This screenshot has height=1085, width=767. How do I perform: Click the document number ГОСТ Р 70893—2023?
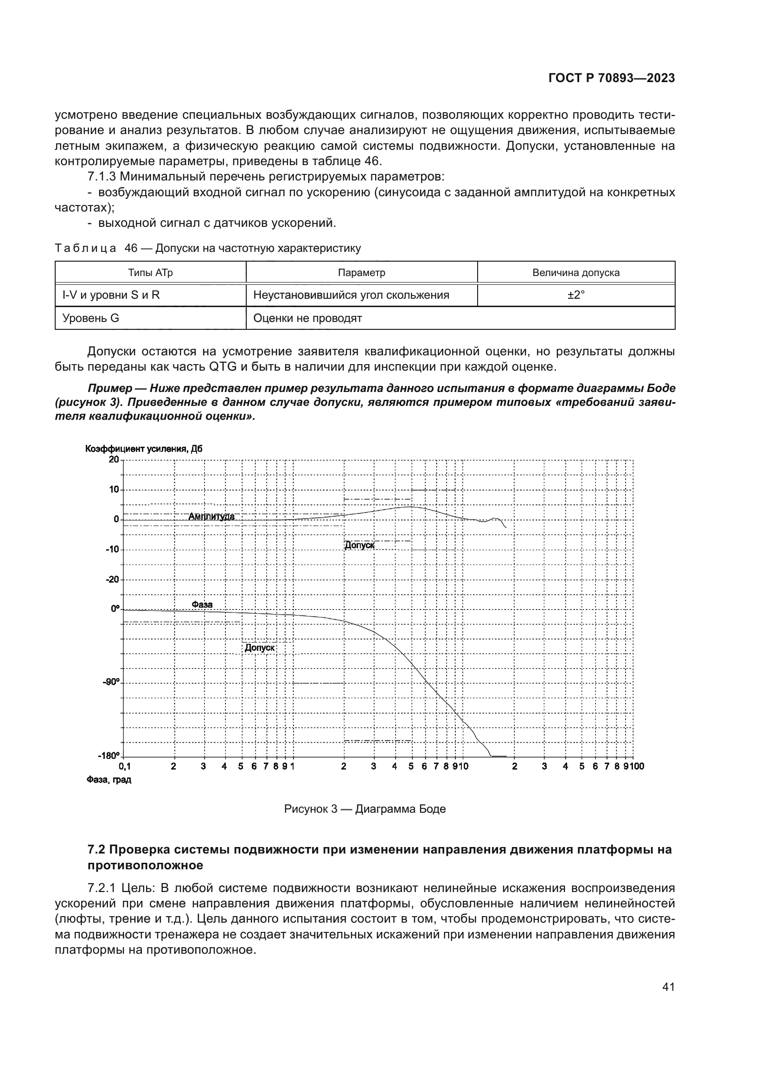coord(611,78)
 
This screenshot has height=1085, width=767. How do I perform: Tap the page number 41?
coord(668,987)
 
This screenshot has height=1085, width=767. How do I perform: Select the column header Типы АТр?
coord(150,273)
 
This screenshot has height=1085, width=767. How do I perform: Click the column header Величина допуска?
coord(576,273)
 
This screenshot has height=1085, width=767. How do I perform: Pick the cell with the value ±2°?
coord(576,295)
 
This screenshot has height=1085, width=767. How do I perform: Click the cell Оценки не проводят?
coord(307,318)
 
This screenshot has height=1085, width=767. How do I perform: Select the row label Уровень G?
coord(91,318)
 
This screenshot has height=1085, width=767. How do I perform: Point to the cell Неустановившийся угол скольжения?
coord(351,295)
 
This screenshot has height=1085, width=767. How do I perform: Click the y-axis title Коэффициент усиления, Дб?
coord(144,449)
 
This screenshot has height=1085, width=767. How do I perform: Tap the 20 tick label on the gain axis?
coord(114,459)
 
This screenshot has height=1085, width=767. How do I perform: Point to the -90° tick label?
coord(111,681)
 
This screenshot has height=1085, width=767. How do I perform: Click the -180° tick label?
coord(109,755)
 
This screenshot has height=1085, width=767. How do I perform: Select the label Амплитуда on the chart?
coord(211,516)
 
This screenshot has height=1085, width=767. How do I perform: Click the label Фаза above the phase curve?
coord(202,604)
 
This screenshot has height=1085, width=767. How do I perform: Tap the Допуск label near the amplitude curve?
coord(359,545)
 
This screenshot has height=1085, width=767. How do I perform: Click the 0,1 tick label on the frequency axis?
coord(125,766)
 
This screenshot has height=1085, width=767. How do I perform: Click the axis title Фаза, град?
coord(109,780)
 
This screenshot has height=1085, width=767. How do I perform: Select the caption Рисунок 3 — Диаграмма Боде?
coord(364,809)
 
